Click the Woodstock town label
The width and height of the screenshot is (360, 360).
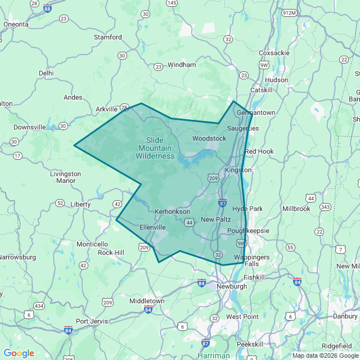209,138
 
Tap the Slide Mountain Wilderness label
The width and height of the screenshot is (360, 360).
155,148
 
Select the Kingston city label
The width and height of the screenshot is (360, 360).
238,170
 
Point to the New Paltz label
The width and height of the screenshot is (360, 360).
215,219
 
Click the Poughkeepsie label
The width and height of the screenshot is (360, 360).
249,231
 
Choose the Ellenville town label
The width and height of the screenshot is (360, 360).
152,227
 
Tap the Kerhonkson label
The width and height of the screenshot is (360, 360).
172,211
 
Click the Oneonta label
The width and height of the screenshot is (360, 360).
16,24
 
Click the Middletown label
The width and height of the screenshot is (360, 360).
147,301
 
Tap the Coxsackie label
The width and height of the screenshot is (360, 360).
274,53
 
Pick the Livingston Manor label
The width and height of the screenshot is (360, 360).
65,177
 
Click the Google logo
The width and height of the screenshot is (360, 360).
19,353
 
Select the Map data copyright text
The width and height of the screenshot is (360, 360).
325,355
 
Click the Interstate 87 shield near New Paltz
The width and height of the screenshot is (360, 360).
223,203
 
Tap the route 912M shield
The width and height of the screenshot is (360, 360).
289,12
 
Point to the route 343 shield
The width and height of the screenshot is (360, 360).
325,207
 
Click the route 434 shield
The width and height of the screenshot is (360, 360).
39,305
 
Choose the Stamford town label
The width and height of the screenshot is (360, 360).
108,37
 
